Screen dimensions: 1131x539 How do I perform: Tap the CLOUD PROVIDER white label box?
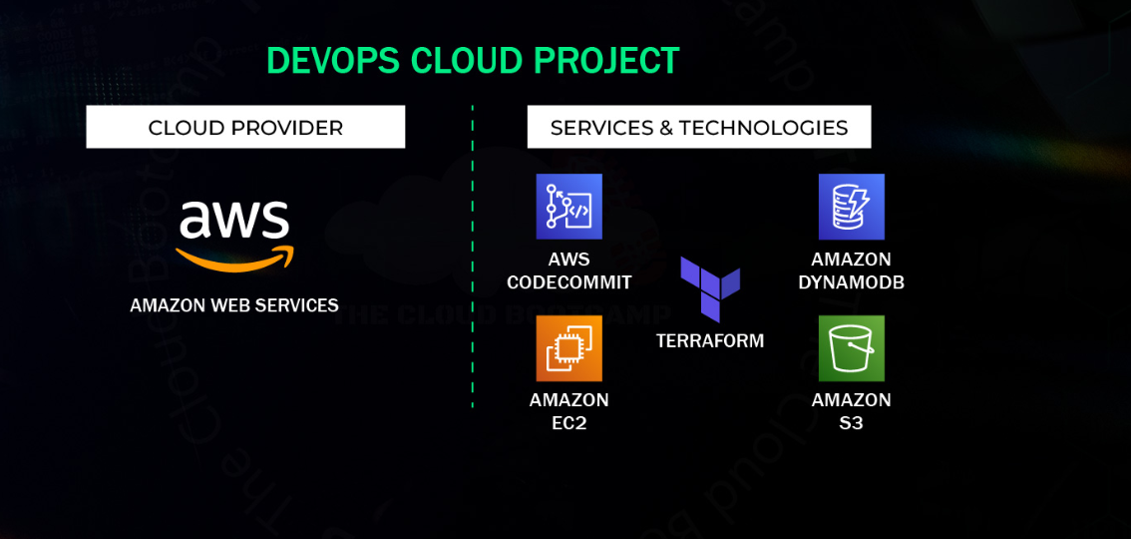point(245,127)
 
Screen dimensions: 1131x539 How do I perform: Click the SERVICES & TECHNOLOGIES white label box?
point(699,127)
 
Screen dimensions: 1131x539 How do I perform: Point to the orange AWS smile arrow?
point(235,259)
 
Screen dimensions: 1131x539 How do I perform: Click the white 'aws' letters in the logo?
point(234,220)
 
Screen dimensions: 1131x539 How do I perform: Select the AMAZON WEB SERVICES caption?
point(234,305)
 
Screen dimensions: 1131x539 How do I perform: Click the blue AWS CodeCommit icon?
point(569,207)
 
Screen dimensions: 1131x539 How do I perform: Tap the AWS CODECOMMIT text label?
point(569,270)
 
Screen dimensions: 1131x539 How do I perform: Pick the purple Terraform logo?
point(710,288)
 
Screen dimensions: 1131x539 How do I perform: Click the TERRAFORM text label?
point(710,340)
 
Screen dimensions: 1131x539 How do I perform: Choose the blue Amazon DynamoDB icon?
point(851,207)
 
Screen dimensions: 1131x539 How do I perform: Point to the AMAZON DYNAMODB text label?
point(851,270)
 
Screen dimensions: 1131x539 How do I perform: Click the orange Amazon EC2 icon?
point(569,348)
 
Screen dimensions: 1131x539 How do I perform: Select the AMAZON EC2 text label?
point(569,411)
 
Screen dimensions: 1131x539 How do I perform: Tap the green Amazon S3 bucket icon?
point(851,348)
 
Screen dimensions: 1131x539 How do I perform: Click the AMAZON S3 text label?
point(851,411)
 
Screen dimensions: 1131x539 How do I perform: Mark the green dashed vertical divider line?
point(473,257)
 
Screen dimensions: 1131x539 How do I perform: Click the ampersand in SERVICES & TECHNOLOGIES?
point(667,128)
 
